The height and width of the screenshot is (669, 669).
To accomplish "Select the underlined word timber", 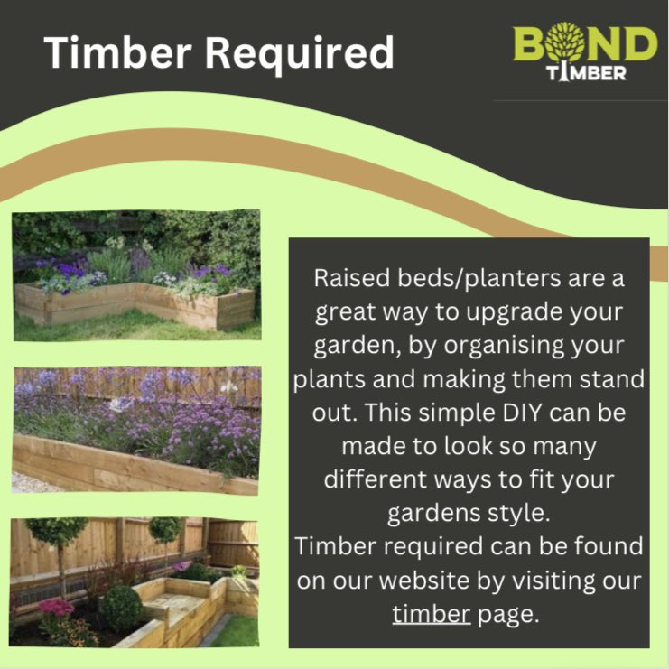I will tap(432, 615).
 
